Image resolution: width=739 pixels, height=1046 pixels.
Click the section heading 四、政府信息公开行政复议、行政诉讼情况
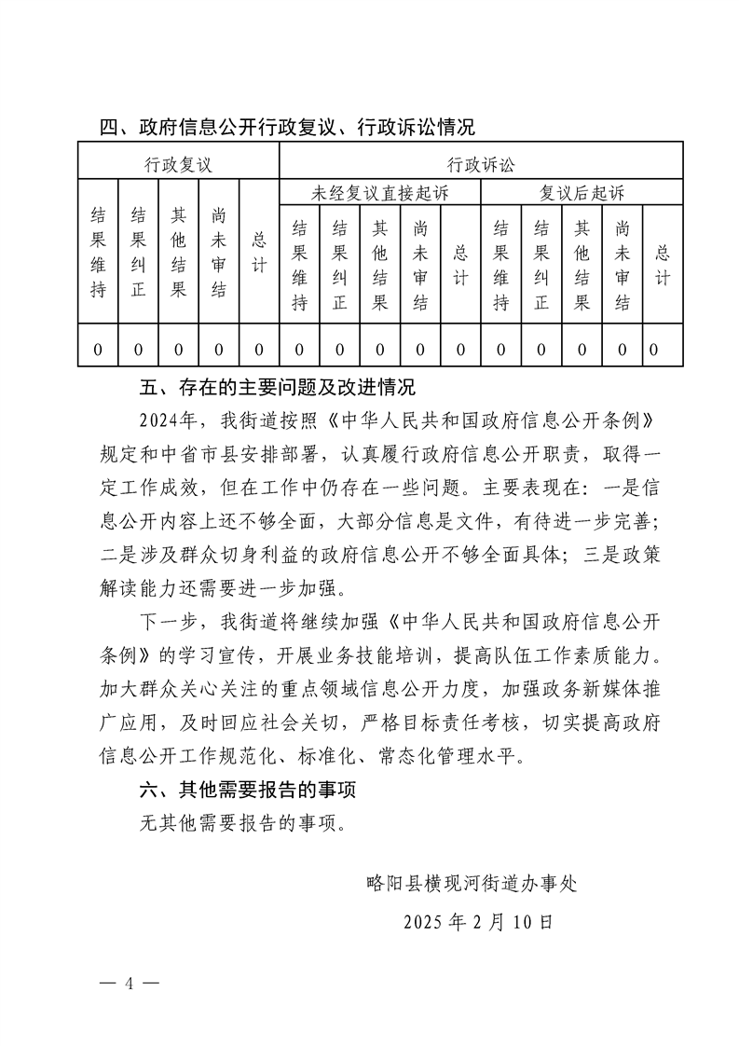288,127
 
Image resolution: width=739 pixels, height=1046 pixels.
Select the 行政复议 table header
178,165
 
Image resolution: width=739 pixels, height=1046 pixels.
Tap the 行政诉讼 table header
481,165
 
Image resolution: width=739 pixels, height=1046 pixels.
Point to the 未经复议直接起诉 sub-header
379,194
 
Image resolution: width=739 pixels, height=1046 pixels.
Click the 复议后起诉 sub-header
582,194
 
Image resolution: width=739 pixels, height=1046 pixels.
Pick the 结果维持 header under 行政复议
98,252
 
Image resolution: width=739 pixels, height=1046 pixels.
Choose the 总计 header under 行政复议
259,252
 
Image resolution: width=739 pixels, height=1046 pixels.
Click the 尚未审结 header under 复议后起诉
623,265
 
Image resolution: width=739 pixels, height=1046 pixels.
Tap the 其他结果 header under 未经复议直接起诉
380,265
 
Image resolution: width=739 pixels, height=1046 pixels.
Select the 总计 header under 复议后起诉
663,265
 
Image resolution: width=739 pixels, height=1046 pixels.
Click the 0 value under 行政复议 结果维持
98,350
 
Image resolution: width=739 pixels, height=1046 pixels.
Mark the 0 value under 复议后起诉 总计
654,350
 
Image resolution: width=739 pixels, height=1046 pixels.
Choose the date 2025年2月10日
478,922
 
